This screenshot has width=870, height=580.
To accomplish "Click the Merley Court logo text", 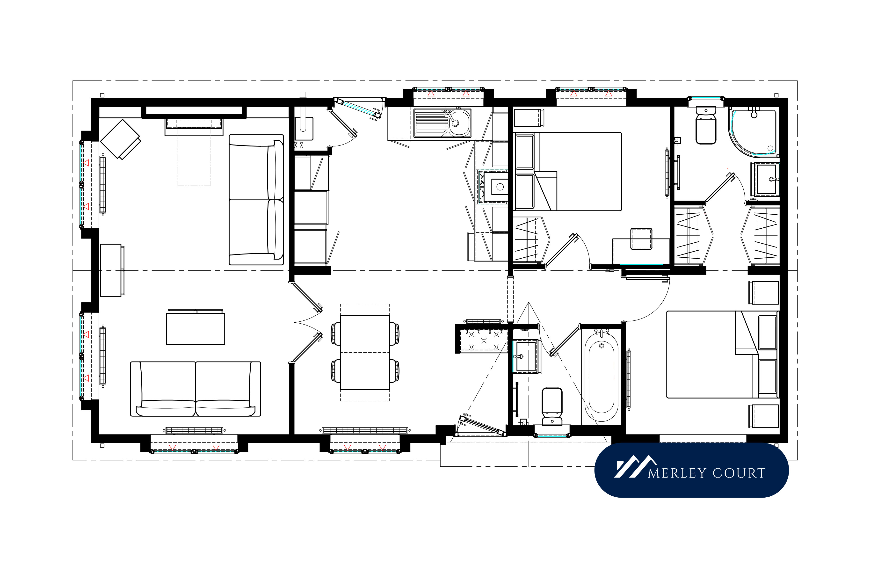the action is click(706, 473).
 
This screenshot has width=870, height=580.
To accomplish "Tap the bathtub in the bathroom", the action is click(602, 376).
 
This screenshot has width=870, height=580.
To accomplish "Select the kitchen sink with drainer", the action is click(442, 123).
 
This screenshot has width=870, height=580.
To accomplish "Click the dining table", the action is click(365, 353).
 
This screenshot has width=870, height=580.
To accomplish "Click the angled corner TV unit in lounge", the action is click(120, 139).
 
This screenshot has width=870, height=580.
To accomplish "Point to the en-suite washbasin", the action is click(766, 179).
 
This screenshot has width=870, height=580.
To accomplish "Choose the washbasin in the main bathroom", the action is click(526, 356).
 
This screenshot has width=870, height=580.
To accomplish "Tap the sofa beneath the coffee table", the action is click(196, 389).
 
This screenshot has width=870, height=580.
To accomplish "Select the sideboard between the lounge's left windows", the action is click(111, 270).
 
